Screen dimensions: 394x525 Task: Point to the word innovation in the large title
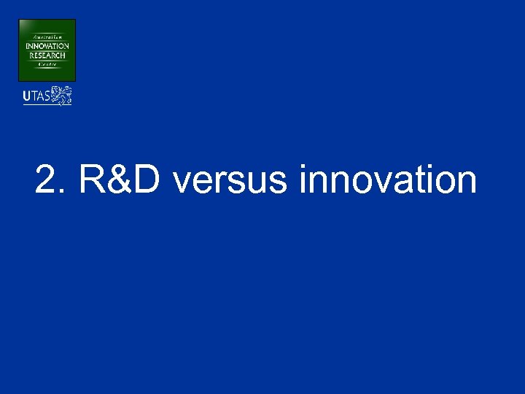[x=387, y=180]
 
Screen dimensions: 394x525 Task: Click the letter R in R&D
[x=93, y=180]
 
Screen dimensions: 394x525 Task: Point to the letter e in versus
[x=201, y=185]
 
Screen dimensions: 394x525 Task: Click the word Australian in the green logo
[x=46, y=36]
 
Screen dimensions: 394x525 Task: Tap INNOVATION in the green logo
[x=47, y=46]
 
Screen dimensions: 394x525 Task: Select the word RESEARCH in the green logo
[x=47, y=55]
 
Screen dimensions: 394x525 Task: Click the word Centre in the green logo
[x=47, y=64]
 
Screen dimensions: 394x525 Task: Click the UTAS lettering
[x=36, y=96]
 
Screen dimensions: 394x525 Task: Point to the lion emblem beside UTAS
[x=62, y=95]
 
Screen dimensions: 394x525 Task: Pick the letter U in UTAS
[x=27, y=96]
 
